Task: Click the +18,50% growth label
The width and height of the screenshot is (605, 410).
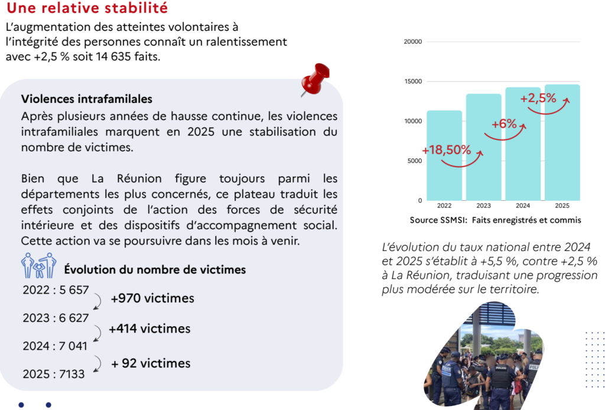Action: click(447, 150)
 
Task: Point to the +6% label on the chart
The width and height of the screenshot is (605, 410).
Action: click(504, 124)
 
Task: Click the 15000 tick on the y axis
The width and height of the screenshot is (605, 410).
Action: click(412, 82)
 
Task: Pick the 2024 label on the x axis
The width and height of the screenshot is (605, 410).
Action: click(523, 206)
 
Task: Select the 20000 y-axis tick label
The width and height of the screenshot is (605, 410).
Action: click(412, 42)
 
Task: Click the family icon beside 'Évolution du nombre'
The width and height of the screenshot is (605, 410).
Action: click(38, 266)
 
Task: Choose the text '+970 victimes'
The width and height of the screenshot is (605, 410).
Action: click(152, 298)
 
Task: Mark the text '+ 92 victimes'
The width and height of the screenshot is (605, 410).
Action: click(151, 363)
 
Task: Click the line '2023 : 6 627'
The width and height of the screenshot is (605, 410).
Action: click(56, 318)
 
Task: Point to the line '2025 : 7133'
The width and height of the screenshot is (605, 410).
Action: click(54, 374)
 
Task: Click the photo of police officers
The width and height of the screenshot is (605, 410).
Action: click(484, 360)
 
